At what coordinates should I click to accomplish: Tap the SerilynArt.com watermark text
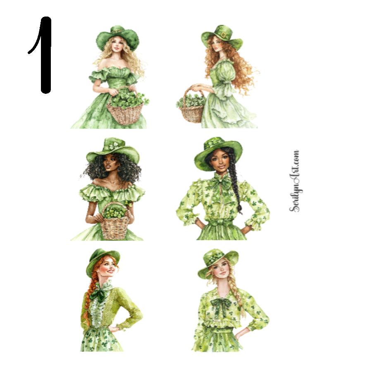(x=295, y=181)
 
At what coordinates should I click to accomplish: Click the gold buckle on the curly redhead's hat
(x=224, y=35)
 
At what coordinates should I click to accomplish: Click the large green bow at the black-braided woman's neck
(x=222, y=183)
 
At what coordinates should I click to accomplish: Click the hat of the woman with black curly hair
(x=112, y=150)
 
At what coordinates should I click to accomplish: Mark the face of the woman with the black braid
(x=220, y=161)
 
